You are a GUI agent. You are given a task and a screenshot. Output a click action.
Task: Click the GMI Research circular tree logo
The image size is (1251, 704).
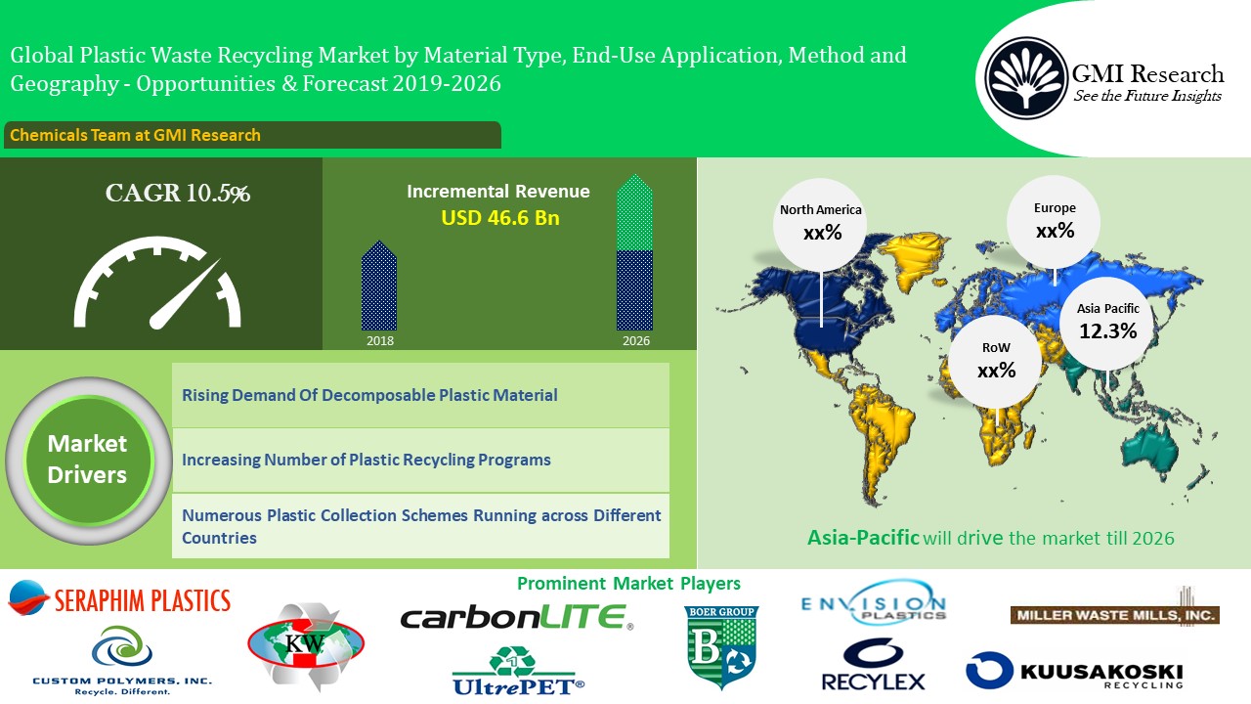[x=1025, y=77]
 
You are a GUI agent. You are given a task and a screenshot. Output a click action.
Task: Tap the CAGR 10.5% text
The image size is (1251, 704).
[x=178, y=194]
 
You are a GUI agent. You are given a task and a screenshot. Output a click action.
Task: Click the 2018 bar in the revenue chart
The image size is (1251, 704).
[x=379, y=286]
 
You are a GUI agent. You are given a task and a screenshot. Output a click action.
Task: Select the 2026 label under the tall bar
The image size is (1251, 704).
[x=636, y=341]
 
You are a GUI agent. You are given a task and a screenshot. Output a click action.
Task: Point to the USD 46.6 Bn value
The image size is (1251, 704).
[x=500, y=218]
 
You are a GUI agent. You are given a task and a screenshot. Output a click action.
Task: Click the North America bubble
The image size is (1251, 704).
[x=820, y=225]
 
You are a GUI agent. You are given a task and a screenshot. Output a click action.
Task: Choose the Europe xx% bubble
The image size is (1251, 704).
[x=1054, y=222]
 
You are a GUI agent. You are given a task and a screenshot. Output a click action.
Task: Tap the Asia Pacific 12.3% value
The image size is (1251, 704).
[x=1108, y=331]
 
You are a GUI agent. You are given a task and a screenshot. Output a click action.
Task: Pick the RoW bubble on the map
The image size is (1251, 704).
[x=996, y=362]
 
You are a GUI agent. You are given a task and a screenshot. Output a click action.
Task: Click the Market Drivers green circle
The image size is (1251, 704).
[x=88, y=460]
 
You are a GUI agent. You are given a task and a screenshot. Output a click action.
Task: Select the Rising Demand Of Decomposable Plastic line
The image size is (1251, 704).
[x=369, y=395]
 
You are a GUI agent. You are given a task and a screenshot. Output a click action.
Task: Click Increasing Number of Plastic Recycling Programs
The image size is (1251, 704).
[x=367, y=460]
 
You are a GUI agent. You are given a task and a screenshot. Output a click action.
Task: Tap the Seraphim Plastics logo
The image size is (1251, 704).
[x=119, y=599]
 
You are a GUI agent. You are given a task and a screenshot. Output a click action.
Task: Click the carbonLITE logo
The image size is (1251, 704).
[x=517, y=617]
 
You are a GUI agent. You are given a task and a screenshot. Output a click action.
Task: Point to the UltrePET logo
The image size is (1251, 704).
[x=518, y=672]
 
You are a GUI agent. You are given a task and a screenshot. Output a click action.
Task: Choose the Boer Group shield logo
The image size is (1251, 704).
[x=721, y=647]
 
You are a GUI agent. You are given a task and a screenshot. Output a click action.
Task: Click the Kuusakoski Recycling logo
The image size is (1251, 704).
[x=1074, y=671]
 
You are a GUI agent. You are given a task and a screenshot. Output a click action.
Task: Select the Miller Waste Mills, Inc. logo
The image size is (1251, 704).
[x=1115, y=609]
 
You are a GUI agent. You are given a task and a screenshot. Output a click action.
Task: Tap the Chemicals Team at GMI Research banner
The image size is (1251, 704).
[x=252, y=135]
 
